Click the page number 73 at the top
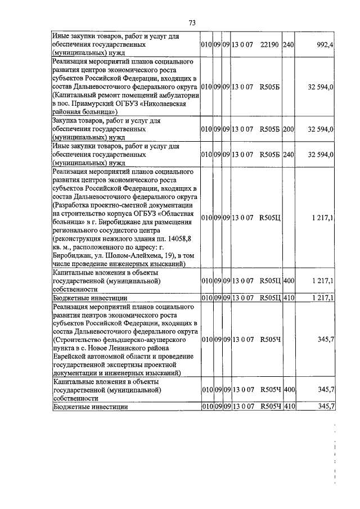192,23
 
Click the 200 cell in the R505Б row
288,129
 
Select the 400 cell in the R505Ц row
289,280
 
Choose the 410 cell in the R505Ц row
289,298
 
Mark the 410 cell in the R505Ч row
289,406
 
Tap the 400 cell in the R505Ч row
289,389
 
